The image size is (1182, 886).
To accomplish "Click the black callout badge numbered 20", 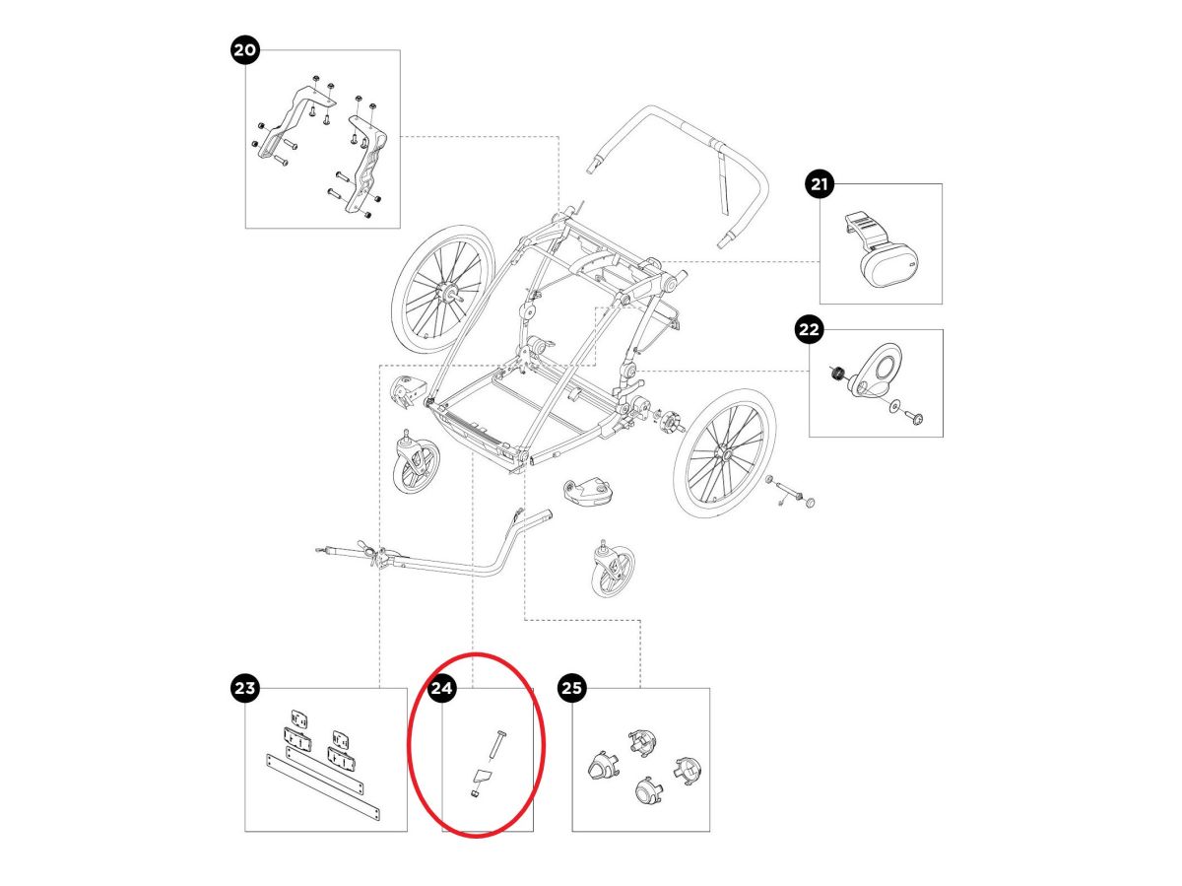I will [244, 50].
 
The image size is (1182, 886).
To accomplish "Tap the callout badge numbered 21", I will [820, 183].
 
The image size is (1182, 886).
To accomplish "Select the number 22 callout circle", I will [809, 330].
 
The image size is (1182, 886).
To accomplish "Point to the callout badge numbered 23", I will [244, 688].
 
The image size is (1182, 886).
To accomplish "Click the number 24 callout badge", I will [442, 688].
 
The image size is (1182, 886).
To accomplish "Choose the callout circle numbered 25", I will [572, 688].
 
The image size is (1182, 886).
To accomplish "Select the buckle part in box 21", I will [878, 245].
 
